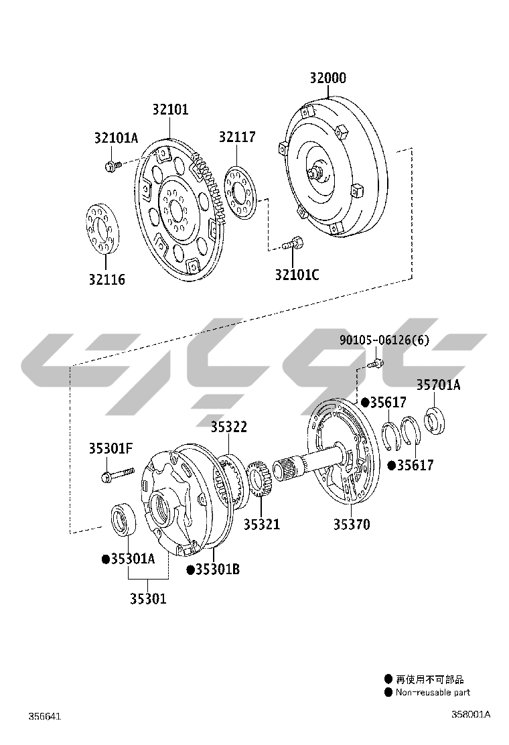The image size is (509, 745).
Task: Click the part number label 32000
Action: click(x=328, y=78)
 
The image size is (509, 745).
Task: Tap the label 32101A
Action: click(x=117, y=138)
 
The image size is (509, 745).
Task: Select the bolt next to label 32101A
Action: click(x=113, y=166)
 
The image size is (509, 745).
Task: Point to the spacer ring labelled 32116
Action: click(x=103, y=228)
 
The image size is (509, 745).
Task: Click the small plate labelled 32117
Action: click(x=240, y=192)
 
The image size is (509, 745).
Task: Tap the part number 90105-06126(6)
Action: click(x=384, y=340)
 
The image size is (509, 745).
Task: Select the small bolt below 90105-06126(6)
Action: click(x=375, y=364)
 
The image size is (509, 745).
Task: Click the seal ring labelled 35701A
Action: click(x=434, y=421)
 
